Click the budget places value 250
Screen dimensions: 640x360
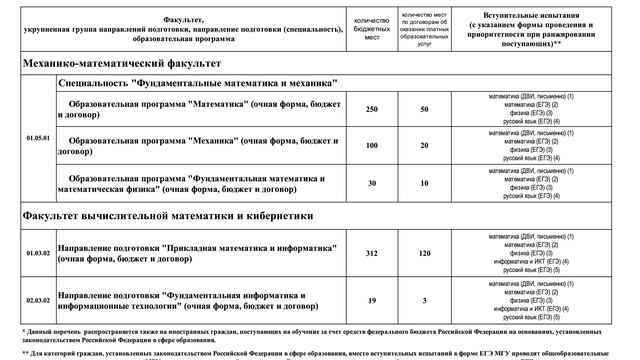click(x=371, y=108)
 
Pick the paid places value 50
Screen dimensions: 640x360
click(x=424, y=108)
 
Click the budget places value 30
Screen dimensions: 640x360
click(x=371, y=183)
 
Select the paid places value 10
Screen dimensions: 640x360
click(x=424, y=183)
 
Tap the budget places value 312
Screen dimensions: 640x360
click(x=371, y=254)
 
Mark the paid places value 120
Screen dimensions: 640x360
click(x=424, y=254)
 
